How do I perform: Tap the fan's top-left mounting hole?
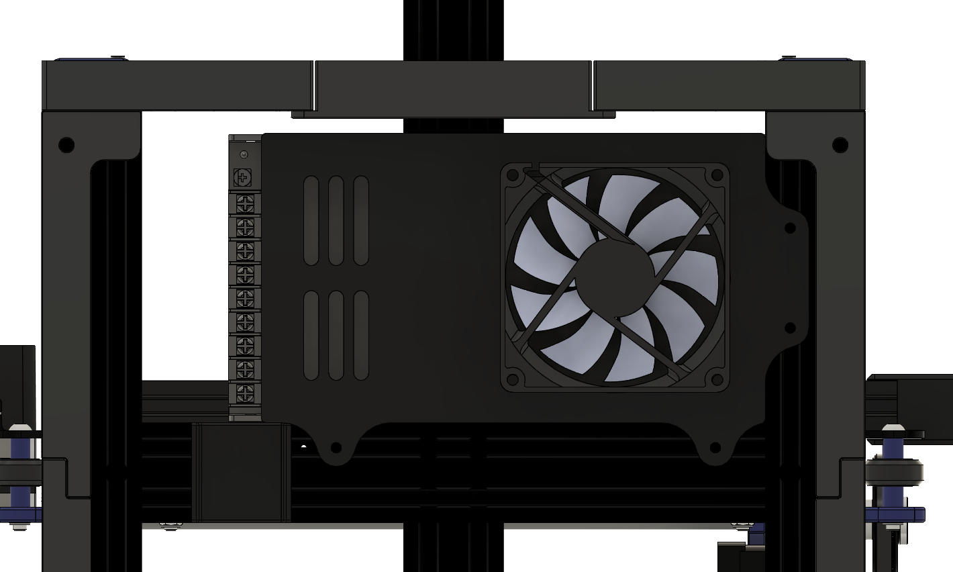pos(513,176)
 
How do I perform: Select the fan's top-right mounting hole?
pos(717,176)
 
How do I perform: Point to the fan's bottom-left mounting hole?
pos(513,378)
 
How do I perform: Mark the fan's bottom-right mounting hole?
pos(717,378)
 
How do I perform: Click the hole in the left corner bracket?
pos(66,144)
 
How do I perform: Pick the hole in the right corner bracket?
pos(840,144)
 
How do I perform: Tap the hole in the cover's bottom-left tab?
pos(336,448)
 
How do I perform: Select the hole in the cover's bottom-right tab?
pos(715,448)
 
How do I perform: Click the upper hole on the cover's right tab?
pos(790,228)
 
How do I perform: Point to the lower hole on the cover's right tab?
pos(790,328)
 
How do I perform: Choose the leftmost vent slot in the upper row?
pos(311,220)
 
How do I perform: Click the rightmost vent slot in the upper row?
pos(361,220)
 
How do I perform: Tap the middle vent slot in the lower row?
pos(336,335)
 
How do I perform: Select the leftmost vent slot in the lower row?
pos(311,335)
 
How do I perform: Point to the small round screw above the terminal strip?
pos(244,155)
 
